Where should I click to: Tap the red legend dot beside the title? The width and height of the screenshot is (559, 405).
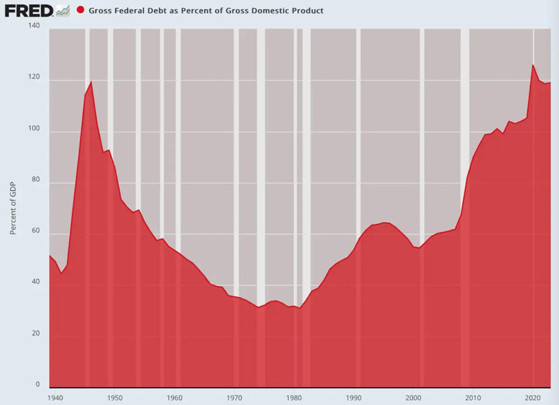[80, 11]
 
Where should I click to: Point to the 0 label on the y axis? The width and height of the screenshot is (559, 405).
[37, 385]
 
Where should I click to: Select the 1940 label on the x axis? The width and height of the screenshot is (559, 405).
[54, 396]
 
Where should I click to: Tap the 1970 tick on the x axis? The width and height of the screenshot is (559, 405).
[234, 396]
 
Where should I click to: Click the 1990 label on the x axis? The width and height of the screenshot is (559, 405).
[354, 396]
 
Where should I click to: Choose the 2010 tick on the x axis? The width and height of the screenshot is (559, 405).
[473, 396]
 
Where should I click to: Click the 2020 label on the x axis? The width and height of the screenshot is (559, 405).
[533, 396]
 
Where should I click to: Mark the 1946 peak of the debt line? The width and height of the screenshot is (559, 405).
[91, 81]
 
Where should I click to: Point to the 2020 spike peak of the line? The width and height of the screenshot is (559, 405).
[532, 65]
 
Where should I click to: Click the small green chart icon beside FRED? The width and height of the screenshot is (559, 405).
[63, 10]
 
